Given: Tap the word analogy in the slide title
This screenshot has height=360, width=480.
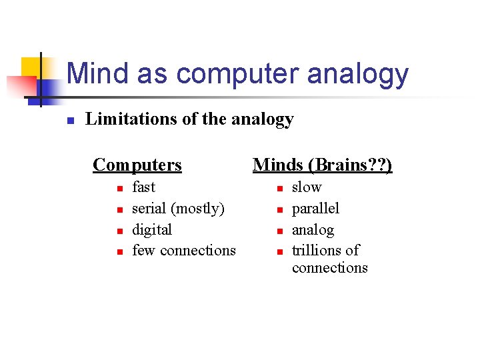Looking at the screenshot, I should tap(358, 75).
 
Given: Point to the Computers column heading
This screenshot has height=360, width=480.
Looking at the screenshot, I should tap(137, 165).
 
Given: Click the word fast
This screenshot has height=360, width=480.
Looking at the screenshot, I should tap(143, 187).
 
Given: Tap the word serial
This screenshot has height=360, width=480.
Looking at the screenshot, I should tap(149, 209).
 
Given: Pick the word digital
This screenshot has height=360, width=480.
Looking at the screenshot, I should tap(152, 230).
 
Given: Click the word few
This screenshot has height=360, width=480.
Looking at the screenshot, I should tap(144, 251).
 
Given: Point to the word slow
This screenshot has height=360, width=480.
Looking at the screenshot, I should tap(307, 187).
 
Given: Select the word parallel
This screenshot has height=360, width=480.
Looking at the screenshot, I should tap(315, 209).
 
